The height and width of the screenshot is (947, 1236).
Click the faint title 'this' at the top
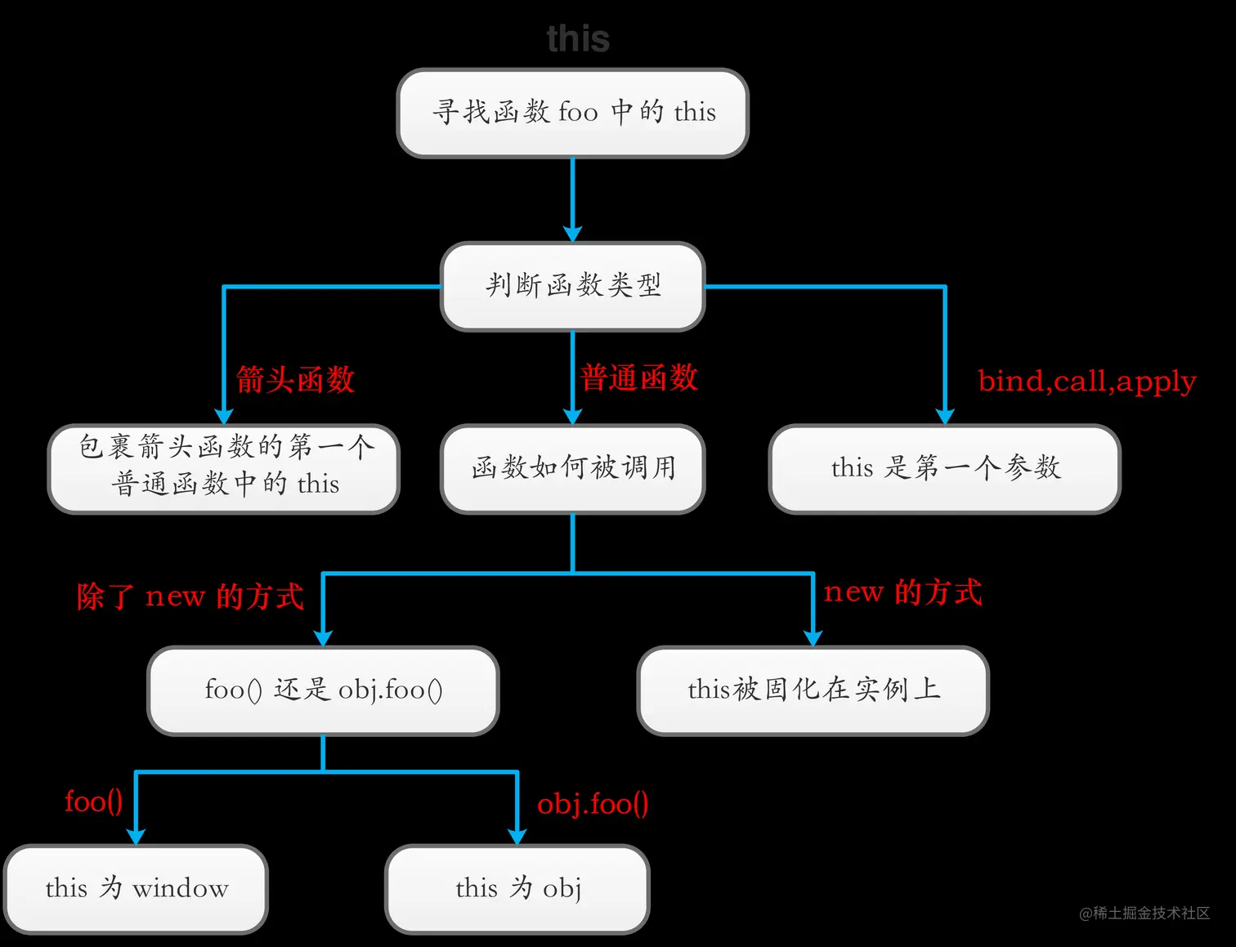pos(578,38)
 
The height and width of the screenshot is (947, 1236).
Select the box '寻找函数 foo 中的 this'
pos(572,113)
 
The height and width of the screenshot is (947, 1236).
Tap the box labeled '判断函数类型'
pos(572,286)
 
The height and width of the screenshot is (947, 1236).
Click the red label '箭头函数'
pos(295,380)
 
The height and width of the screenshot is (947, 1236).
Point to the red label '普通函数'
pos(638,378)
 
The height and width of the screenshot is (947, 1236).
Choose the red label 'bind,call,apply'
pos(1086,382)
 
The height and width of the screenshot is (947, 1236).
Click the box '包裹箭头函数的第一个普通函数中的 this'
pos(223,468)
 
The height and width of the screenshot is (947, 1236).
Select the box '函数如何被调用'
pos(572,468)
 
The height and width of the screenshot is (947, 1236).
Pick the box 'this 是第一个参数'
pos(944,468)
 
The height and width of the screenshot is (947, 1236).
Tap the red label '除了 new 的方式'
pos(190,597)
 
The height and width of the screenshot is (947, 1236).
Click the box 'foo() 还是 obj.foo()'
pos(323,690)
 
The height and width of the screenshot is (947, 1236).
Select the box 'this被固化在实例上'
pos(813,690)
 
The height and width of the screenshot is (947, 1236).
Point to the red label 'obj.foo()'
pos(593,804)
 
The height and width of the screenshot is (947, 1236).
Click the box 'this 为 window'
pos(136,889)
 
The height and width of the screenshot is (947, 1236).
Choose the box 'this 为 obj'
pos(517,889)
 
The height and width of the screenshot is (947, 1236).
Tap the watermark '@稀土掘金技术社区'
pos(1144,913)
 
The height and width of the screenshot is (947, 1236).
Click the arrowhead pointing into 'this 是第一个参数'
pos(945,416)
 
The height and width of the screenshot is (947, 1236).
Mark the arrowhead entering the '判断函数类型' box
pos(572,234)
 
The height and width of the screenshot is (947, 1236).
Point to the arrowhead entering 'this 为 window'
pos(136,836)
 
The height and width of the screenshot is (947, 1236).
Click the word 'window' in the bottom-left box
pos(181,889)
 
